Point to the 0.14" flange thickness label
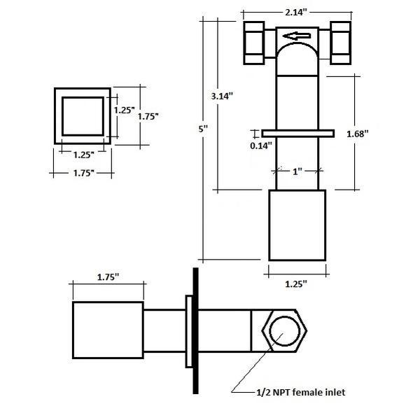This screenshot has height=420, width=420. click(262, 145)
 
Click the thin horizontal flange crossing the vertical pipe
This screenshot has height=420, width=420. click(297, 133)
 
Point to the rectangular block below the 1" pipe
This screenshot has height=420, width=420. click(297, 225)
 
